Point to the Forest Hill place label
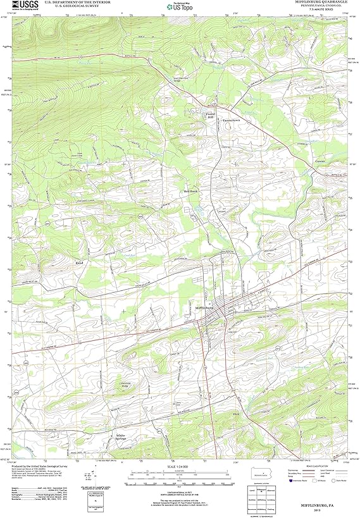coord(211,116)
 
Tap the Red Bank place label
coord(191,190)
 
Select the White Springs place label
coord(121,437)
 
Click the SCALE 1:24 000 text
coord(180,467)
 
